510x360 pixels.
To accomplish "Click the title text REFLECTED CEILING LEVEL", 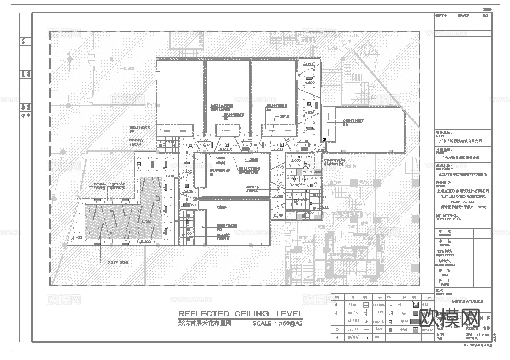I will [240, 314].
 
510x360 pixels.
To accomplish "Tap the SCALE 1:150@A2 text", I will [278, 324].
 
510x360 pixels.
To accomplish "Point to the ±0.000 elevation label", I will [127, 68].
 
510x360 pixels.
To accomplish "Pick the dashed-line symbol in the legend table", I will [337, 322].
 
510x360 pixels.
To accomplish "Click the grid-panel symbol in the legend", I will [366, 305].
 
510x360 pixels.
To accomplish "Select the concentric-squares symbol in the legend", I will [416, 305].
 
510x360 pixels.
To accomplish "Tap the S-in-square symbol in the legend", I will [391, 313].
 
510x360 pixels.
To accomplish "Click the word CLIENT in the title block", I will [440, 136].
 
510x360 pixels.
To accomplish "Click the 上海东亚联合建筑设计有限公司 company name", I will [463, 191].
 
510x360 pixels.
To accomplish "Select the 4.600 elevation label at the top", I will [308, 64].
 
